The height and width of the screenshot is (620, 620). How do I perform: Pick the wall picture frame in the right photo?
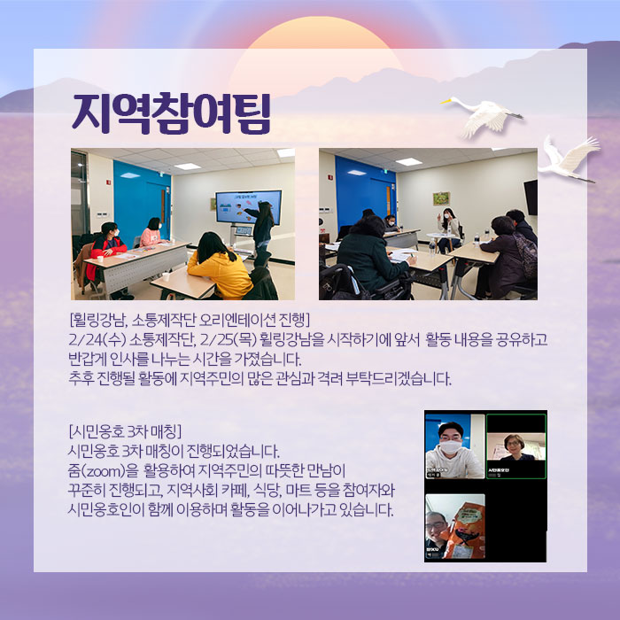click(440, 198)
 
